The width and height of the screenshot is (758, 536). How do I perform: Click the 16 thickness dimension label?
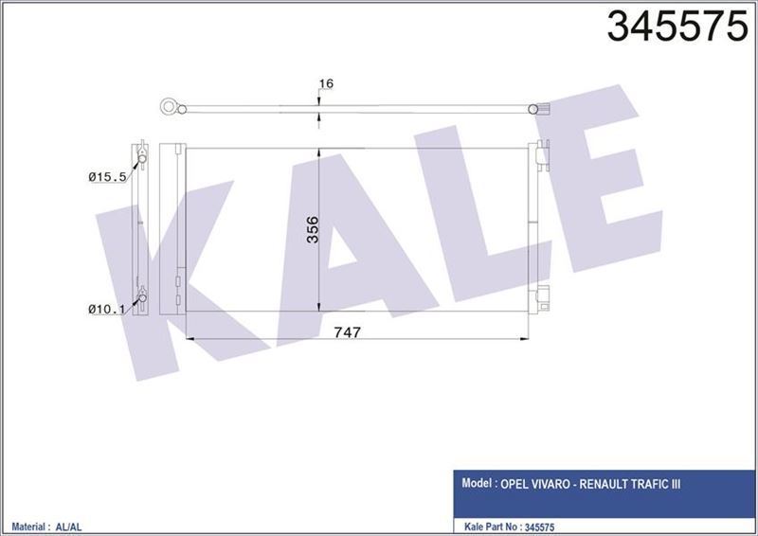click(x=327, y=84)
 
